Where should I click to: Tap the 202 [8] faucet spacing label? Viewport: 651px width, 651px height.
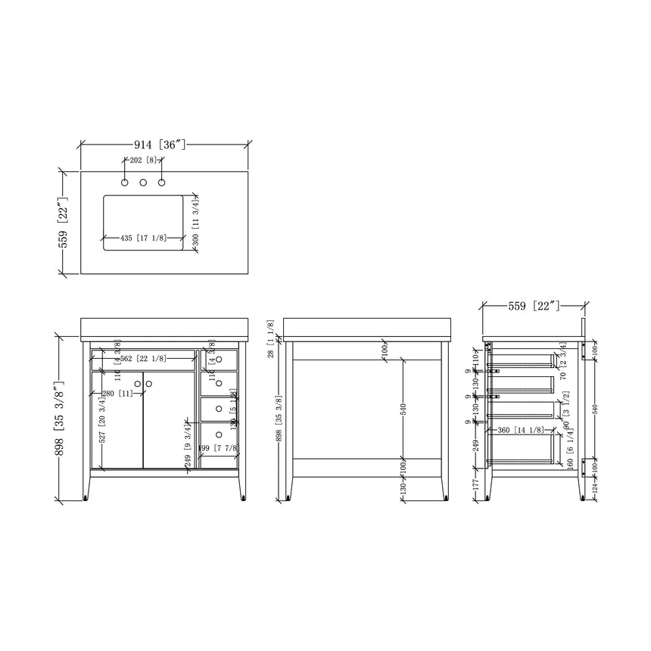click(143, 160)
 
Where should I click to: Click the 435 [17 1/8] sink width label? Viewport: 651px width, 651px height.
click(144, 238)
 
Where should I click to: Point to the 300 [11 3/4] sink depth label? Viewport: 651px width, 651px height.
click(196, 220)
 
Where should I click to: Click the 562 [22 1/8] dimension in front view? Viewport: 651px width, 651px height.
click(142, 359)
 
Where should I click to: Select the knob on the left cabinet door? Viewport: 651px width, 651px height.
click(137, 385)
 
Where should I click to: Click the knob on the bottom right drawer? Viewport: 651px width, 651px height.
click(219, 435)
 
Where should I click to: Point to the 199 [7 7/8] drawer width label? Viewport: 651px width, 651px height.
click(218, 449)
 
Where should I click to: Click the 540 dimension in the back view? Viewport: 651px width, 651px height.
click(403, 409)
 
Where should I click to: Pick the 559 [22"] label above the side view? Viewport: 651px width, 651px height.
click(533, 306)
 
